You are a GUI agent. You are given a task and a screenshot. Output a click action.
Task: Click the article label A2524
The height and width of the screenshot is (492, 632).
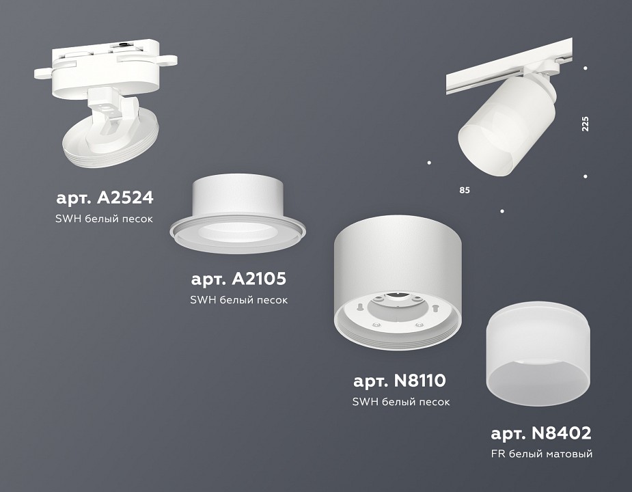(x=105, y=198)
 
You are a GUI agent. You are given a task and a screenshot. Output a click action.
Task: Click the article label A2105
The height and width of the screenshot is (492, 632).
(x=238, y=279)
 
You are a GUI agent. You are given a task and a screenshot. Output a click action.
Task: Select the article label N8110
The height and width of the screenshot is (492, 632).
(x=400, y=381)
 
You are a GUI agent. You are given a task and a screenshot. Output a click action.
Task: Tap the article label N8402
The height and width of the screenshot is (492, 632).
(x=540, y=433)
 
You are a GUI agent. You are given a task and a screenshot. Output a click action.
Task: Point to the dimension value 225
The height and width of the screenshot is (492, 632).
(x=585, y=124)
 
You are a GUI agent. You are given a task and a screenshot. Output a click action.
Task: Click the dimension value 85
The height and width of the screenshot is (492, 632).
(x=465, y=189)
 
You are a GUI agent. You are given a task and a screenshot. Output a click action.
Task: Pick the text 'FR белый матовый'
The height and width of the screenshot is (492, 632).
(x=541, y=454)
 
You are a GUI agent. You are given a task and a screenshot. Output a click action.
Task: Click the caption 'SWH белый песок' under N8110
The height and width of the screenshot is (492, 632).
(x=401, y=402)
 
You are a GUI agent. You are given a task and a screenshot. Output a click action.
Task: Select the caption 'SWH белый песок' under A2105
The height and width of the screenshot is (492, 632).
(x=238, y=300)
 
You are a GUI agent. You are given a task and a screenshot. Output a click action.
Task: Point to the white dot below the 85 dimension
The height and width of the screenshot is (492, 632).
(x=502, y=211)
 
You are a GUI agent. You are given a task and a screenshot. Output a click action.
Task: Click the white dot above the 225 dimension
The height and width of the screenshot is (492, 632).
(x=586, y=68)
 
